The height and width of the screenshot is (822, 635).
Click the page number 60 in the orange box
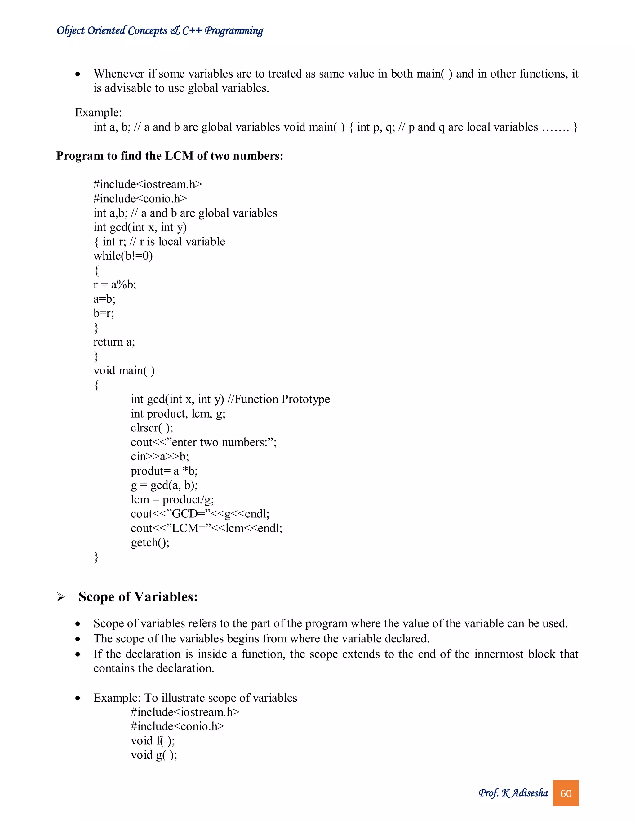pos(566,793)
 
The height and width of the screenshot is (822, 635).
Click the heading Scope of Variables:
pos(138,597)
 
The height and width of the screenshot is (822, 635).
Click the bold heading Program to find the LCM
pos(169,156)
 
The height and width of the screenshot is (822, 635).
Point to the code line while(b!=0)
pos(123,256)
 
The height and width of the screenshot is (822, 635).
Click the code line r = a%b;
pos(115,284)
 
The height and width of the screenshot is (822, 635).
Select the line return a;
pos(114,342)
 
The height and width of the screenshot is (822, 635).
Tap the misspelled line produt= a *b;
pos(164,471)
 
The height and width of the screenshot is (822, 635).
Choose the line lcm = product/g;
pos(172,499)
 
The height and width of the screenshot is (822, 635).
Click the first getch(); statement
pos(150,542)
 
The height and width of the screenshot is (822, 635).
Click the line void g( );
pos(154,755)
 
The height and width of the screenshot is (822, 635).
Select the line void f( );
pos(153,741)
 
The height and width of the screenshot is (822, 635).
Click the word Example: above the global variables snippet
pos(98,113)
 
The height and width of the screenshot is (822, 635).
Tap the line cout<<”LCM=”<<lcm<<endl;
pos(206,528)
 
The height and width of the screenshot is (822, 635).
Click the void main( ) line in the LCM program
pos(124,371)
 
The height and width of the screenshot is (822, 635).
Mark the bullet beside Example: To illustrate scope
pos(78,699)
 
